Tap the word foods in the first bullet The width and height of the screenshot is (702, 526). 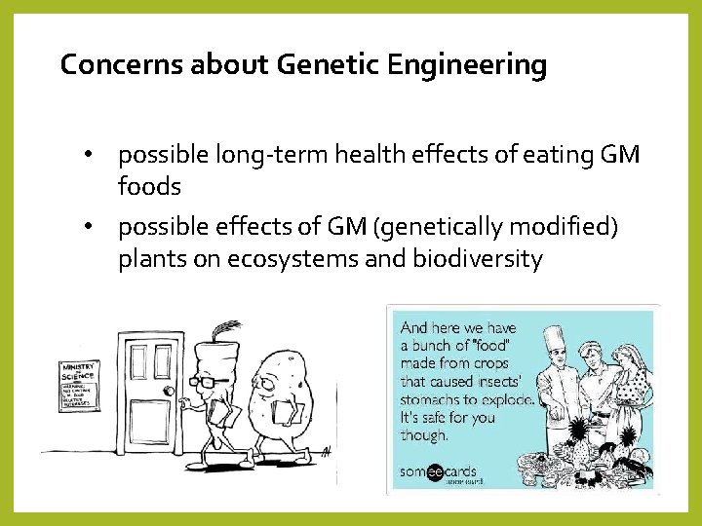[149, 185]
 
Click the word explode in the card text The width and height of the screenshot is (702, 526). [501, 399]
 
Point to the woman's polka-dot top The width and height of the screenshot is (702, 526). [632, 390]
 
